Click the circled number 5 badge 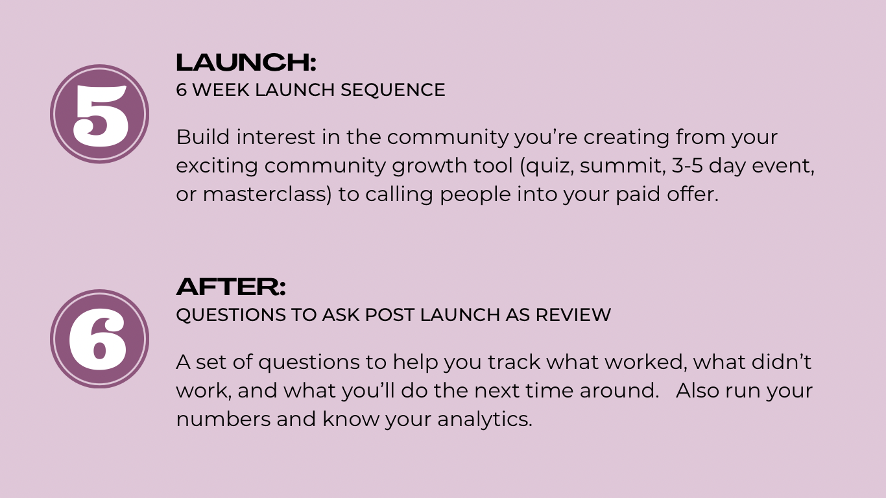point(100,114)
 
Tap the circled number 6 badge point(100,339)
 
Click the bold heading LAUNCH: point(246,62)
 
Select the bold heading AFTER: point(231,287)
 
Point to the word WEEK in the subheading point(221,89)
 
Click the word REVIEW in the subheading point(573,315)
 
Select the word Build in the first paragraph point(203,137)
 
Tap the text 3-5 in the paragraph point(688,165)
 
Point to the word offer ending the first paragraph point(692,194)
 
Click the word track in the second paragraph point(514,362)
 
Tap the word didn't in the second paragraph point(781,362)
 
